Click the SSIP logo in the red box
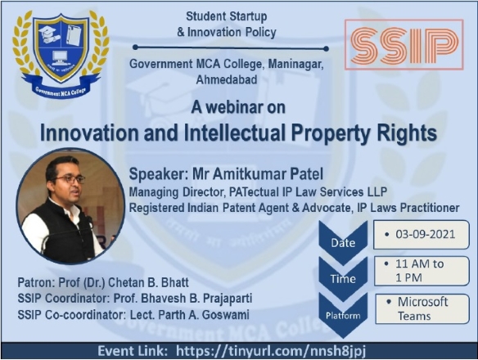coord(404,45)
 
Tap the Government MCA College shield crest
coord(61,54)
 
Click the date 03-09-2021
coord(426,234)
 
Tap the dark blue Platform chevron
coord(343,315)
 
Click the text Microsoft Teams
coord(422,308)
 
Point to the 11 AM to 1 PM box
coord(422,271)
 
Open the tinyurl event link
coord(271,351)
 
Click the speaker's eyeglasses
coord(70,179)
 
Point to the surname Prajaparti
coord(228,299)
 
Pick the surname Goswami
coord(226,314)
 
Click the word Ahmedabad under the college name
coord(227,79)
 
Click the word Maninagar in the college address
coord(295,65)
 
